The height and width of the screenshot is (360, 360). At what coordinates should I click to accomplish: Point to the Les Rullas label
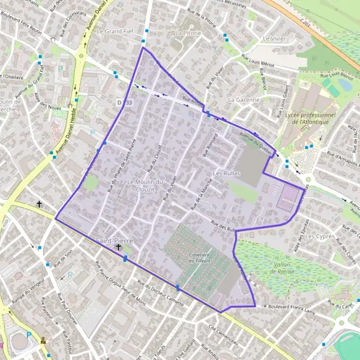226,172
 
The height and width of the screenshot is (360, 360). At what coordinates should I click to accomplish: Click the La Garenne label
244,100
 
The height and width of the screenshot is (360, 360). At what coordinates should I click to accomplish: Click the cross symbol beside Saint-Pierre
118,247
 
